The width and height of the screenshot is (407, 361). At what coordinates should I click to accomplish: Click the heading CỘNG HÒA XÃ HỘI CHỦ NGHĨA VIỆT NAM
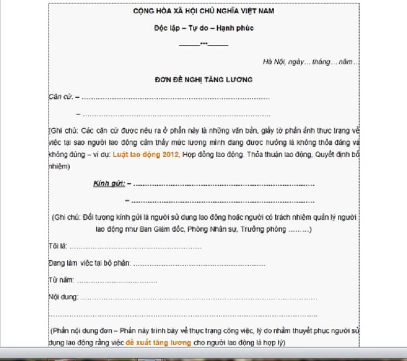203,11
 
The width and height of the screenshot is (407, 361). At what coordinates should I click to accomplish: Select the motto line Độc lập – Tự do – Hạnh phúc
203,28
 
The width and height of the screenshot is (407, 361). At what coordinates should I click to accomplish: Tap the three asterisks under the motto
203,43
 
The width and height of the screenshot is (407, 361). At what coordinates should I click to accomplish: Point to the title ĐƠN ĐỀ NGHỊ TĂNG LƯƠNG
203,79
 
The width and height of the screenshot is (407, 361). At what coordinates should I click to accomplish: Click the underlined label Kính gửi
109,183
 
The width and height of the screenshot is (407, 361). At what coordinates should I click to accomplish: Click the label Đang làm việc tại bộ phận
90,263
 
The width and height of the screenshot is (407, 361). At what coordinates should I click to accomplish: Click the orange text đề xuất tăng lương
158,343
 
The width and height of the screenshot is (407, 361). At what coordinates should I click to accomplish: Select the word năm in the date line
346,62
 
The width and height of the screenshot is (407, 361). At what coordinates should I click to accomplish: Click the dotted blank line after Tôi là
135,247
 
